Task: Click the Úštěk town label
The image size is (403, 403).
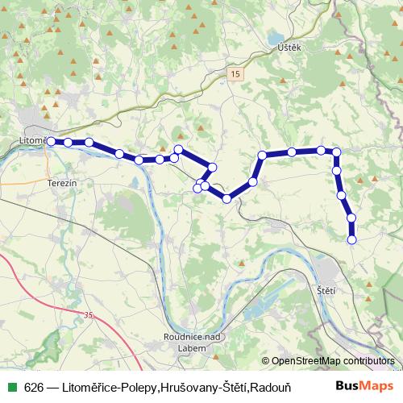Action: point(289,48)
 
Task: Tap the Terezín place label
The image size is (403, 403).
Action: point(61,183)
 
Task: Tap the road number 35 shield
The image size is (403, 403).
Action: point(87,315)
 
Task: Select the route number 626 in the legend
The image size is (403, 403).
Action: point(34,387)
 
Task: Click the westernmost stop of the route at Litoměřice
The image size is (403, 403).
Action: point(51,141)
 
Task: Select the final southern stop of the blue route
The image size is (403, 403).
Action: point(352,239)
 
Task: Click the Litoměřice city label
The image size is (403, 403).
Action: point(31,142)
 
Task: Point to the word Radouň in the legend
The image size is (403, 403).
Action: point(271,387)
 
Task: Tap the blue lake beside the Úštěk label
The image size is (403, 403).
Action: point(276,37)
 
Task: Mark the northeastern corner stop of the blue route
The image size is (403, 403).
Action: point(337,152)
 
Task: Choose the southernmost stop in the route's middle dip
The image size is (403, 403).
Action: point(227,198)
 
